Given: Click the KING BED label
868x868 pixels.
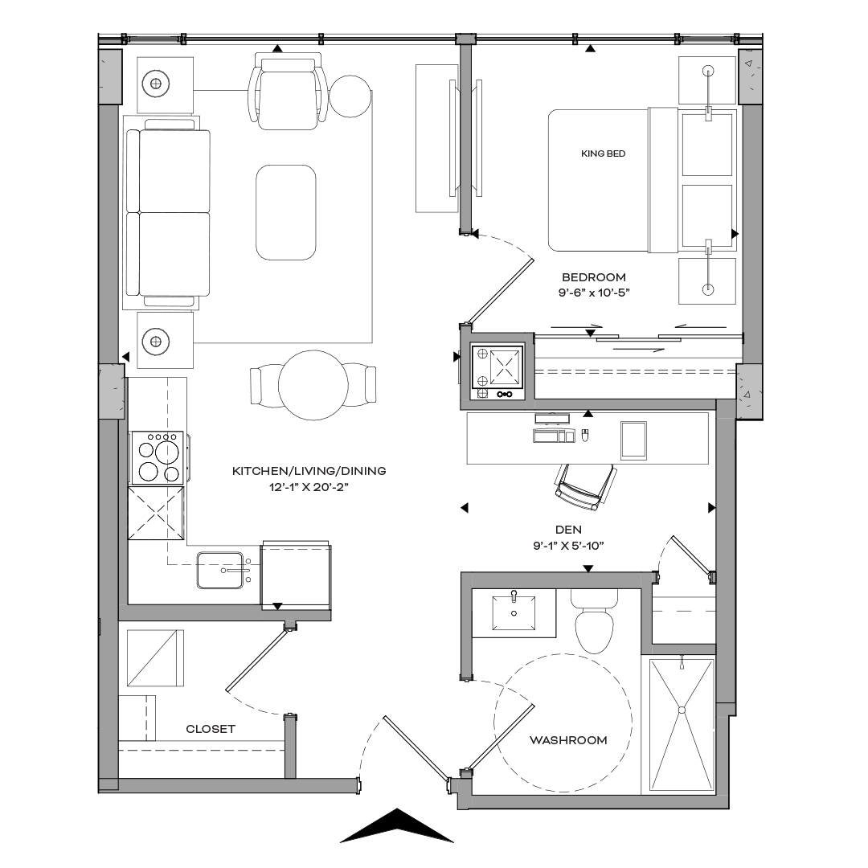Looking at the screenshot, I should (x=603, y=153).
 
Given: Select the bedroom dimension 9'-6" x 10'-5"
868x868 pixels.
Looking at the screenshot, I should (x=593, y=293).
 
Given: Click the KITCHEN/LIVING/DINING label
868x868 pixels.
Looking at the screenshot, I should (x=309, y=471).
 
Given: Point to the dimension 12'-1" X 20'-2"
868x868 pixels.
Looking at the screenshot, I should (x=309, y=487).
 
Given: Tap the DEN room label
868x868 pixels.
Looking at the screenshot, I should (x=568, y=530).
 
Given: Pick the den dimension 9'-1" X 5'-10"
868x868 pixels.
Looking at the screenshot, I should (x=568, y=546).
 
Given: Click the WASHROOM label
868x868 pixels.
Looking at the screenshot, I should (x=568, y=740).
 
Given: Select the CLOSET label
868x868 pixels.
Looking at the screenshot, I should (x=211, y=729).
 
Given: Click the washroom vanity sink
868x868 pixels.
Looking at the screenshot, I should (x=512, y=612).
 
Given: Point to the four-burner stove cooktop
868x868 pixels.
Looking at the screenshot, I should (x=157, y=458).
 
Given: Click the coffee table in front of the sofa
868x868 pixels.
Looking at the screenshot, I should (x=285, y=212).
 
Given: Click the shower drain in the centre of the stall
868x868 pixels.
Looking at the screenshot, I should (x=682, y=710).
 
